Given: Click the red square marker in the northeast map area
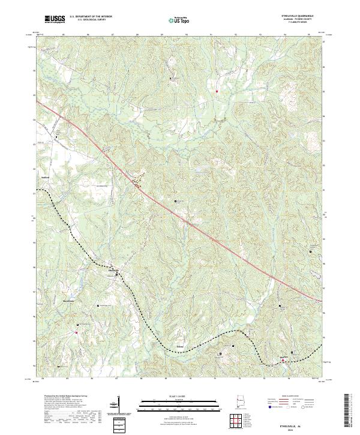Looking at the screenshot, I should pos(217,92).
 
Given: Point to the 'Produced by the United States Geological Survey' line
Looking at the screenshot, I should pos(59,396).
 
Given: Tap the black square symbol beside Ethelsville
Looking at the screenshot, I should pos(117,274).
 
